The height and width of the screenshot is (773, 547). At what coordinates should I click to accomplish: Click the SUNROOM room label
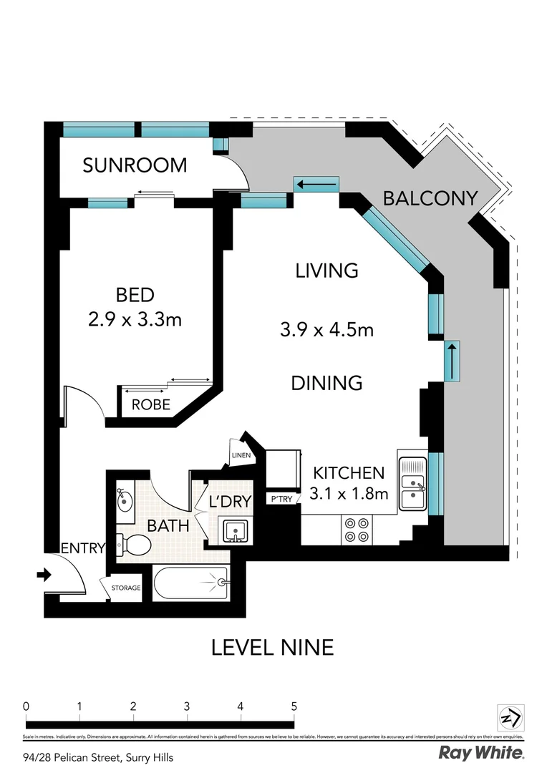coord(135,165)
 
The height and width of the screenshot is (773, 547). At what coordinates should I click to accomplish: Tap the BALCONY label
coord(430,198)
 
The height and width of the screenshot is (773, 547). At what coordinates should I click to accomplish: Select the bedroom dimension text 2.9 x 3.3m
coord(135,319)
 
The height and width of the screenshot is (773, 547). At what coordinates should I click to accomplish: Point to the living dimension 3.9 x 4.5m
coord(326,330)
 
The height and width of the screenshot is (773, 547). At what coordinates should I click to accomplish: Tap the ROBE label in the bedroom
coord(151,405)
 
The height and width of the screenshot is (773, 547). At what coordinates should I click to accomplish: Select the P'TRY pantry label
coord(281,499)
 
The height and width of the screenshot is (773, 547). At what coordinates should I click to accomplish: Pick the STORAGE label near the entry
coord(125,588)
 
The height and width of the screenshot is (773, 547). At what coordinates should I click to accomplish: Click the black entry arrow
coord(44,574)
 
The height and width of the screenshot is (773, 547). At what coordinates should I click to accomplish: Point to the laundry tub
coord(233,530)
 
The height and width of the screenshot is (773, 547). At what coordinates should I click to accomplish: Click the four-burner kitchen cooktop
coord(357,529)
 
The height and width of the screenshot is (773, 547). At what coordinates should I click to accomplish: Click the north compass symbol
coord(511,718)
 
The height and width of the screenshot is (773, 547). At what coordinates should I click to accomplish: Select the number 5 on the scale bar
coord(294,706)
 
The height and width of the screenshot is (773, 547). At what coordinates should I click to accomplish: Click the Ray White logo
coord(480,753)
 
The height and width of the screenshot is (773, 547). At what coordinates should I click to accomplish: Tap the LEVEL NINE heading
coord(273,648)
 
